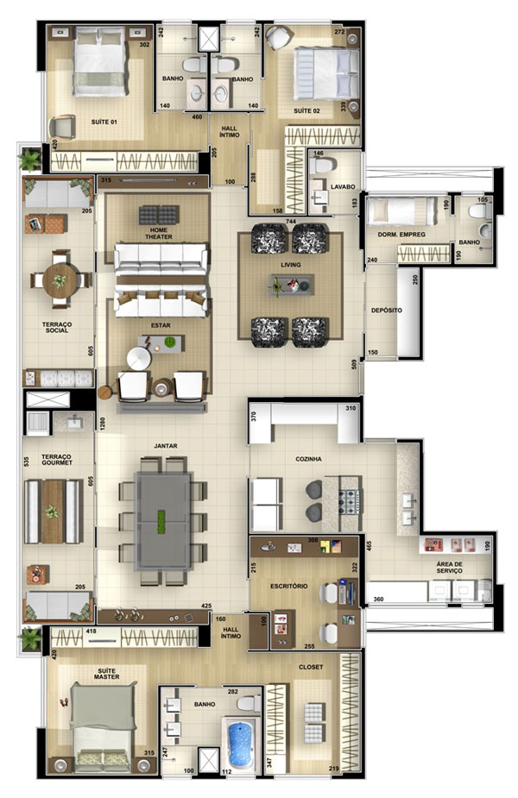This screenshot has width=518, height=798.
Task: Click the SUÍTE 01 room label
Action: [x=104, y=123]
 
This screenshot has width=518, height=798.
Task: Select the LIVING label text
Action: [x=291, y=265]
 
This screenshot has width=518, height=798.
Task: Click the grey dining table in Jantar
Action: [x=163, y=520]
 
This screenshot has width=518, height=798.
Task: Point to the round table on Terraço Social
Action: [x=60, y=280]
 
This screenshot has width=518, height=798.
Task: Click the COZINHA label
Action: [x=309, y=459]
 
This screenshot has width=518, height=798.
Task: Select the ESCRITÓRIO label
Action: [x=289, y=587]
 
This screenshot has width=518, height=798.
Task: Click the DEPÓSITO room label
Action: [x=387, y=310]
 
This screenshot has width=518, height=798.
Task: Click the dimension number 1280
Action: [x=103, y=425]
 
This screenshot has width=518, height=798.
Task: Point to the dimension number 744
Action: [x=290, y=222]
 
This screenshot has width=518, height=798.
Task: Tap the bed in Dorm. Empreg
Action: [x=402, y=211]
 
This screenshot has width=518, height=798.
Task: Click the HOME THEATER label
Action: [x=159, y=234]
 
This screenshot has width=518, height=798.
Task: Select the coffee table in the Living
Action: [x=291, y=286]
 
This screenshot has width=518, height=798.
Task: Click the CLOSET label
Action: [x=311, y=667]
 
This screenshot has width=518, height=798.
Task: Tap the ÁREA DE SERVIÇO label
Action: [x=449, y=568]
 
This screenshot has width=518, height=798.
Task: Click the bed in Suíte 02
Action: [x=326, y=73]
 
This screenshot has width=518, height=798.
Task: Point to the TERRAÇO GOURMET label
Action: [x=56, y=460]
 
